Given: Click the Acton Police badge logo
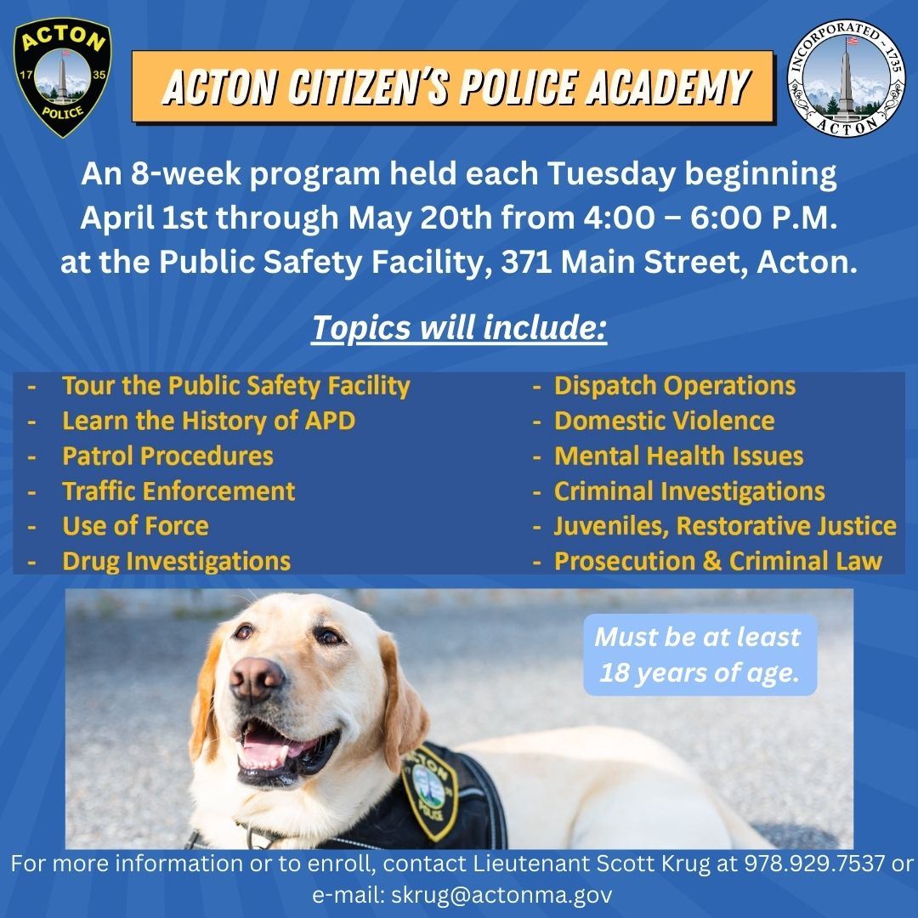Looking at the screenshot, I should [x=62, y=78].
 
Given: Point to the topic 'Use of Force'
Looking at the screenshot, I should [x=135, y=525].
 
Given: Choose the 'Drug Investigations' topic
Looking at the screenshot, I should [x=176, y=561].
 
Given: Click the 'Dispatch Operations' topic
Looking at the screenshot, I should [x=675, y=386].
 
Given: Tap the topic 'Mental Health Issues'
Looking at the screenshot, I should [x=678, y=456].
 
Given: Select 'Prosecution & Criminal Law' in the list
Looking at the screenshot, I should [x=717, y=561].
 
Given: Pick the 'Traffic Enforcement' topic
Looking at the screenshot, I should [x=178, y=490].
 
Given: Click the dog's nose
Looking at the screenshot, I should [x=256, y=676].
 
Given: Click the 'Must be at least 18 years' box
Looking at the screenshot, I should [x=697, y=654].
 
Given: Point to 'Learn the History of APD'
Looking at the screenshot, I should [x=208, y=421].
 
